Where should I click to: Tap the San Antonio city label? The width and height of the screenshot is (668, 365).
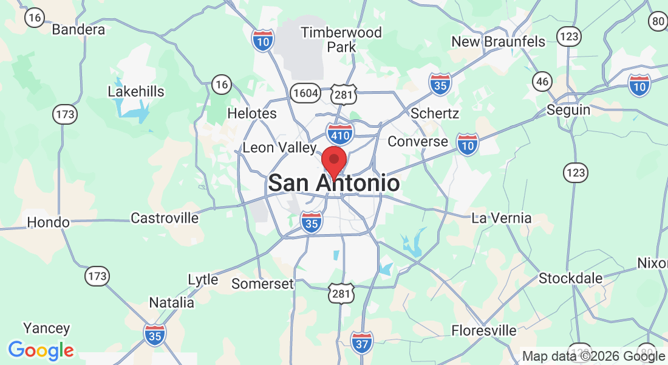334,183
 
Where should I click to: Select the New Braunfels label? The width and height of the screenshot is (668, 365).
498,41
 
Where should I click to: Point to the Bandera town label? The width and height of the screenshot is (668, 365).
78,29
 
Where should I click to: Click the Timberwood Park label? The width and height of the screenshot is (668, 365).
341,39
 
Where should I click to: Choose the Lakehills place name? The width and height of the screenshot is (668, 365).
136,91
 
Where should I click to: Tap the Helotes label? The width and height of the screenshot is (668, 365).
251,113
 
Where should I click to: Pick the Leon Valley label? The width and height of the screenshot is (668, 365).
279,147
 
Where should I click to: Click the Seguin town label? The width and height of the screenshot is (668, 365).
568,109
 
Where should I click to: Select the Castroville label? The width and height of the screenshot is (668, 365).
165,218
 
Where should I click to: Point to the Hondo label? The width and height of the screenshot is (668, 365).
49,222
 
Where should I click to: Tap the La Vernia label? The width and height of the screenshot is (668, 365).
502,218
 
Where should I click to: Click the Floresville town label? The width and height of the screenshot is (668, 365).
484,331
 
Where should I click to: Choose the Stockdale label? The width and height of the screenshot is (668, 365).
571,278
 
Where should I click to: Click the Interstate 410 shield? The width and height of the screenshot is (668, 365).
340,133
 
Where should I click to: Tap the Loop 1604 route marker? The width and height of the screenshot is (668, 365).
304,92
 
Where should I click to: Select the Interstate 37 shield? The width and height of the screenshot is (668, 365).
361,343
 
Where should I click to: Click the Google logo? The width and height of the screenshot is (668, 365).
41,350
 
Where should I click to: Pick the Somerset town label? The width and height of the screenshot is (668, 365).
263,283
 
